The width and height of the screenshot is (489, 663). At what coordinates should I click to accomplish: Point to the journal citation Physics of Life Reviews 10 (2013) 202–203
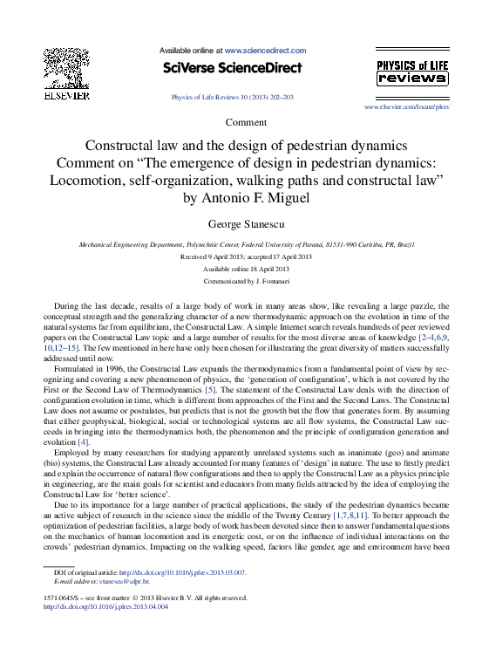(x=233, y=97)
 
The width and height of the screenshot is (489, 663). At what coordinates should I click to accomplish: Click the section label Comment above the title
(x=246, y=122)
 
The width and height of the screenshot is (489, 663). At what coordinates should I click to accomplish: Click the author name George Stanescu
(x=245, y=224)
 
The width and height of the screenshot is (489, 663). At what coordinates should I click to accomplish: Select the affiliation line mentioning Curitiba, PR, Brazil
(x=246, y=246)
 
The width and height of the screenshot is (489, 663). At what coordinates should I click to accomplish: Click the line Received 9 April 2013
(x=214, y=258)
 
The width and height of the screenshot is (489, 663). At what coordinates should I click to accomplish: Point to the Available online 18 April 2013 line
(x=245, y=270)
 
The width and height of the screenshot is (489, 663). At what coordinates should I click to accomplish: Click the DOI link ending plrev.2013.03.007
(x=183, y=572)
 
